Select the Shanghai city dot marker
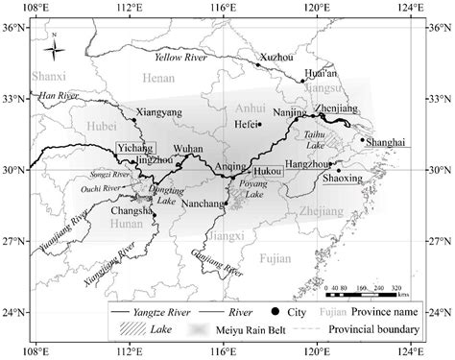click(362, 139)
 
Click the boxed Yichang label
click(133, 151)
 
